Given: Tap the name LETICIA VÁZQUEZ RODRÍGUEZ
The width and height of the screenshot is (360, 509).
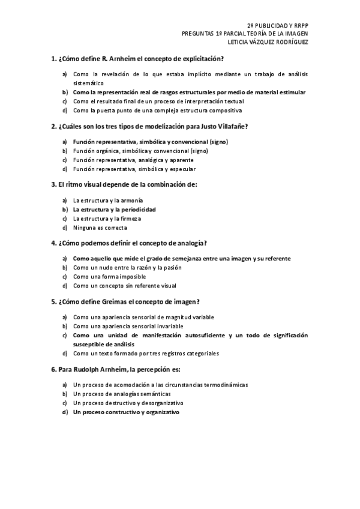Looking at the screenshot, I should coord(268,42).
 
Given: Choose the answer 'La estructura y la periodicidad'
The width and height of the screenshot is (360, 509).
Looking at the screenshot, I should coord(114,209).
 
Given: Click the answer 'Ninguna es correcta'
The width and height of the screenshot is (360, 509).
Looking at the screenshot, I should coord(100,227).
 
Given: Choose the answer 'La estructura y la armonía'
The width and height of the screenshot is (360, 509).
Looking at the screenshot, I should coord(108,200).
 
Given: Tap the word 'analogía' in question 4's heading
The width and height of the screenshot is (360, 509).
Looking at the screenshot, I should coord(190,243).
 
